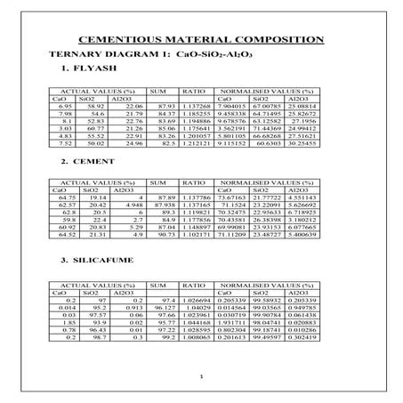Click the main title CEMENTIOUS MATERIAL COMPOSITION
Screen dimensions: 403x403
(201, 40)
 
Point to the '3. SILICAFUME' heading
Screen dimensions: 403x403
(99, 261)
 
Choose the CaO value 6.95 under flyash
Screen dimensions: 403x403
(64, 105)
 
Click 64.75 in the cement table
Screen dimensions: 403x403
(64, 197)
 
